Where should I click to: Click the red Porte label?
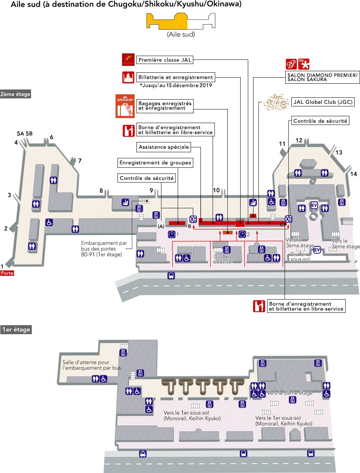point(7,273)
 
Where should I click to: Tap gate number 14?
point(353,174)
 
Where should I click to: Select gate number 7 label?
point(80,161)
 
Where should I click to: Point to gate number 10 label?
point(216,190)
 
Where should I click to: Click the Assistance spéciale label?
point(163,147)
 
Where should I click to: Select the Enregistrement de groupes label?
point(155,163)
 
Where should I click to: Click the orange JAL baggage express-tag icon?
point(125,106)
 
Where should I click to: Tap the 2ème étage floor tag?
point(16,94)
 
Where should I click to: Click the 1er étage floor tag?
point(16,330)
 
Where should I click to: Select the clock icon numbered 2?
point(242,234)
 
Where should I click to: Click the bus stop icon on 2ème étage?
point(171,276)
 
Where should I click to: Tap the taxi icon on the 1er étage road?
point(143,454)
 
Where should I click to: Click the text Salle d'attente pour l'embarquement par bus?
point(91,365)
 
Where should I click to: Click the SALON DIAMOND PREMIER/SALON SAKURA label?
point(322,77)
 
